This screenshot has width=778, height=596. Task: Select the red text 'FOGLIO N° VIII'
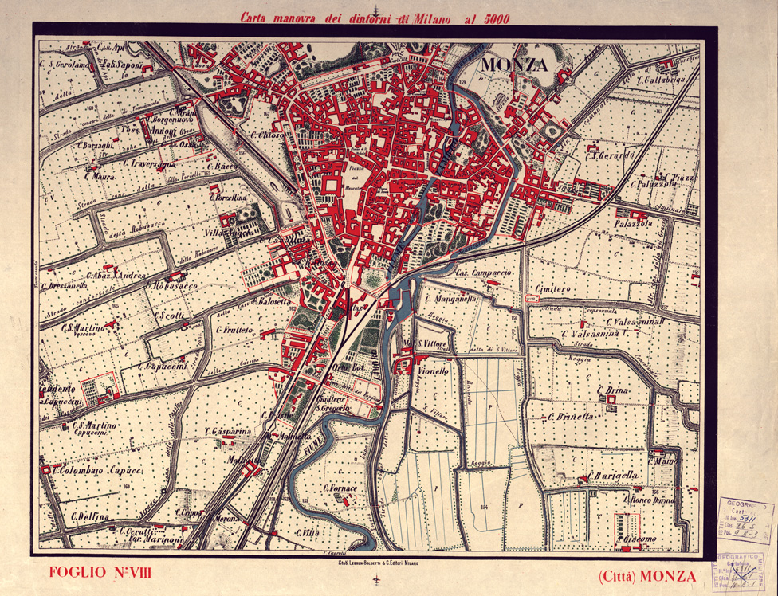[100, 572]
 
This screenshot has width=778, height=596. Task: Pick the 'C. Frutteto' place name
[234, 328]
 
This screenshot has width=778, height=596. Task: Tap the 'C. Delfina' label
[89, 516]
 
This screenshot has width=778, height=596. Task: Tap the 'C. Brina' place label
[613, 390]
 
